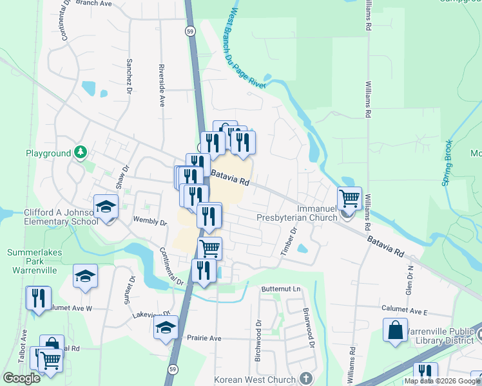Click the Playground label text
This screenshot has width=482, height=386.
click(x=48, y=154)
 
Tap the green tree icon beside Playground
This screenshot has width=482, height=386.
click(x=81, y=152)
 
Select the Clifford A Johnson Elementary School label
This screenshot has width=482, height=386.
click(x=52, y=217)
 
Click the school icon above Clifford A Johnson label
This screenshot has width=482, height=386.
click(x=106, y=207)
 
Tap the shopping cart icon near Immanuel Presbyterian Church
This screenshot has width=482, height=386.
click(x=349, y=198)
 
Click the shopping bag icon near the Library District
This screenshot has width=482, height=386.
click(x=396, y=330)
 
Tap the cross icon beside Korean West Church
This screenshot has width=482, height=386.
click(x=306, y=379)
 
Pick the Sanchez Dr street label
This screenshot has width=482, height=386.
click(x=129, y=77)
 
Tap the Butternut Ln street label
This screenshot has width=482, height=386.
click(x=281, y=289)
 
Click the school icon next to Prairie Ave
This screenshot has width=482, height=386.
click(x=166, y=327)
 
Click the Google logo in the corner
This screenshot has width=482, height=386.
click(x=21, y=378)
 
